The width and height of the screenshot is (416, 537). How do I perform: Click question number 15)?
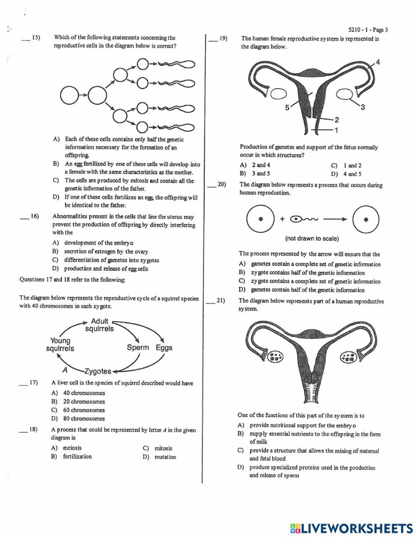pos(35,38)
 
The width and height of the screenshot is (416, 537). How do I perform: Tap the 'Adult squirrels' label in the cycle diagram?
pos(99,325)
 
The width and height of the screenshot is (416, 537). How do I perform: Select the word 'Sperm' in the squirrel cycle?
pos(138,347)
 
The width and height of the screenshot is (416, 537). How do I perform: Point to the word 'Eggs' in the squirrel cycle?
pos(164,347)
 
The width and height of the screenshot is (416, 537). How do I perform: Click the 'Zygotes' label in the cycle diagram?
pos(98,371)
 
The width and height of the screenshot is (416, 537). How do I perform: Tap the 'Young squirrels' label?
pos(60,345)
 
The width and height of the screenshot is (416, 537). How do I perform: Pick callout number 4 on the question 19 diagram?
pos(378,62)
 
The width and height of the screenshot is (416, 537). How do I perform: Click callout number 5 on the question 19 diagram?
pos(287,108)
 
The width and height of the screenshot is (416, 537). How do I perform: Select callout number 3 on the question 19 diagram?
pos(362,107)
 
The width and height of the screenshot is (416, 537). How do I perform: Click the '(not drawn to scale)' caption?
pos(312,239)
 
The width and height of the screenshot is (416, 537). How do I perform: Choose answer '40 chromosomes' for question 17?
pos(84,393)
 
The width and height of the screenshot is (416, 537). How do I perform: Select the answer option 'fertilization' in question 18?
pos(77,457)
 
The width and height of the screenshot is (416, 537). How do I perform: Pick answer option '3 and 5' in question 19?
pos(261,174)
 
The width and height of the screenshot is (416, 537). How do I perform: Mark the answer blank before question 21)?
pos(211,301)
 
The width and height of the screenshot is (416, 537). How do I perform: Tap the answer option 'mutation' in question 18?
pos(165,457)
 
